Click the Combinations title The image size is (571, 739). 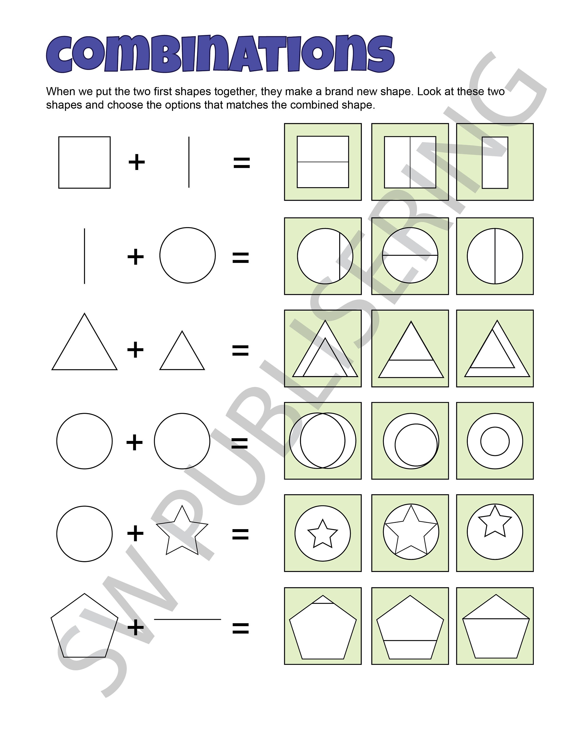[220, 54]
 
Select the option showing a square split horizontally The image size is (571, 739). [323, 162]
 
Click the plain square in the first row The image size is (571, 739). [84, 162]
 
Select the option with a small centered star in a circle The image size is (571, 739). [323, 533]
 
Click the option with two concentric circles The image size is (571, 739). [495, 441]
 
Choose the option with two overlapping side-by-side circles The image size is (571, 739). [323, 441]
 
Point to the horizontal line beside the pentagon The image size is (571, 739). [187, 620]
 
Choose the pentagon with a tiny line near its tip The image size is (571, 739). [323, 626]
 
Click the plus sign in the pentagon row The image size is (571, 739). [135, 627]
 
